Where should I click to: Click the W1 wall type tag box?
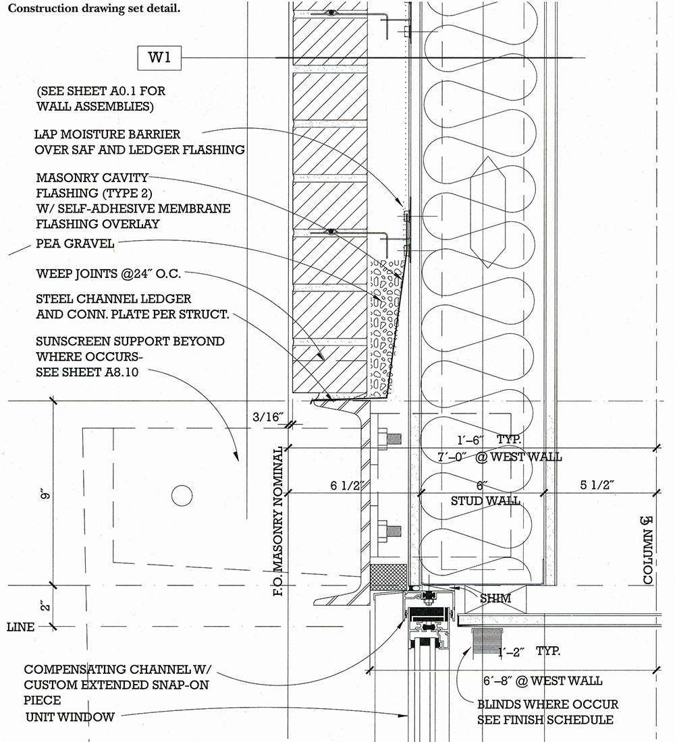[159, 58]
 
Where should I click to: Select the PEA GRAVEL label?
[75, 244]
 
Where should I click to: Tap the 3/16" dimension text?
[267, 417]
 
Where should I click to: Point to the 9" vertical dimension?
[45, 494]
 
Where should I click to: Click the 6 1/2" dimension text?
[347, 486]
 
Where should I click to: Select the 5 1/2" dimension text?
[597, 484]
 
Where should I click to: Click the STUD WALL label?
[485, 501]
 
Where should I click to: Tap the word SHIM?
[495, 598]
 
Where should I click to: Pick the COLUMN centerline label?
[647, 550]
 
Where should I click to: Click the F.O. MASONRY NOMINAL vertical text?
[279, 521]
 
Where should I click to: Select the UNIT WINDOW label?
[70, 717]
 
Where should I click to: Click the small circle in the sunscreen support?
[182, 496]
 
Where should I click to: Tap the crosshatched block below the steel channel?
[388, 577]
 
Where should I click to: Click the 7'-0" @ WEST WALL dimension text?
[500, 457]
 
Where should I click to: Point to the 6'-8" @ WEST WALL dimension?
[543, 681]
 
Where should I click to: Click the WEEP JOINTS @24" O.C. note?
[109, 274]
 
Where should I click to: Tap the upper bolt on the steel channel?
[389, 438]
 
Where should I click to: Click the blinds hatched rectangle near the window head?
[487, 642]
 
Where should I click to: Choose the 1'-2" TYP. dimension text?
[529, 651]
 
